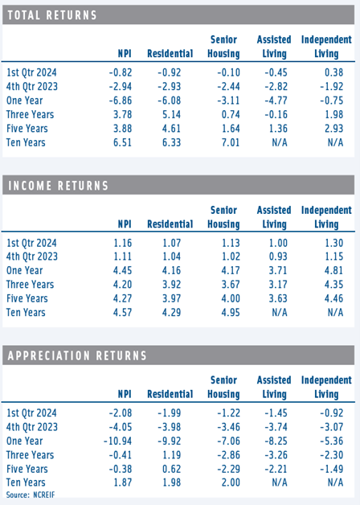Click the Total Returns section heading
pos(52,15)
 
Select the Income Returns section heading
pos(58,186)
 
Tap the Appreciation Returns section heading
pos(77,355)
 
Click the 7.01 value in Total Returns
pos(231,142)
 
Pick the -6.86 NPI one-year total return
pos(121,101)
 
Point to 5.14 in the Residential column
pos(171,114)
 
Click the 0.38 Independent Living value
pos(334,72)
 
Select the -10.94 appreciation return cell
pos(118,441)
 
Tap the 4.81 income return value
pos(334,270)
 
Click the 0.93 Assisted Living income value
pos(278,257)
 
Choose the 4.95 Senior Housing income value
pos(231,312)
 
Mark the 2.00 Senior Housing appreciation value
pos(231,482)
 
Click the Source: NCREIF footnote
pos(31,495)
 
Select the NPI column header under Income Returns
pos(125,224)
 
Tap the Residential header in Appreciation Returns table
pos(170,394)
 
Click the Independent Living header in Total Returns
pos(326,47)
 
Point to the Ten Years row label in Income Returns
pos(26,312)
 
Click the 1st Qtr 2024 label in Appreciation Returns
pos(31,413)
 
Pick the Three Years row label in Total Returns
pos(31,114)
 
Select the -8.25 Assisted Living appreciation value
pos(276,441)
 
